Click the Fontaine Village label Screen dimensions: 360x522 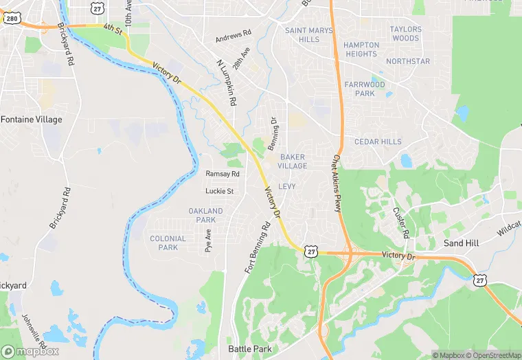click(31, 120)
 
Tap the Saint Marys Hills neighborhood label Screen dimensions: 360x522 click(309, 35)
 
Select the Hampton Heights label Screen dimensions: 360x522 click(361, 49)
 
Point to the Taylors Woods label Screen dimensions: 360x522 click(405, 34)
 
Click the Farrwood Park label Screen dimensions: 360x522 click(365, 89)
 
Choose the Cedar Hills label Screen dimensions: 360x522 click(378, 142)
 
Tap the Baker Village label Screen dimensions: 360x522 click(293, 161)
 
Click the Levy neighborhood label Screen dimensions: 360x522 click(287, 186)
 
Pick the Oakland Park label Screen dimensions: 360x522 click(206, 215)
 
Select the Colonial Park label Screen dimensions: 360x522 click(168, 243)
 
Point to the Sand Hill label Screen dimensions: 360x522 click(461, 243)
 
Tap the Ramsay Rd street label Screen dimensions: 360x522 click(223, 174)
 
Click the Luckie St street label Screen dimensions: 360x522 click(220, 190)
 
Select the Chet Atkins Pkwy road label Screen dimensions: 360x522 click(337, 182)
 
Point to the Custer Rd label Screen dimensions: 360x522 click(400, 223)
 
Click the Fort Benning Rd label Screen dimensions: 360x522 click(258, 247)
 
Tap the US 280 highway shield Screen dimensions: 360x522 click(11, 18)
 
